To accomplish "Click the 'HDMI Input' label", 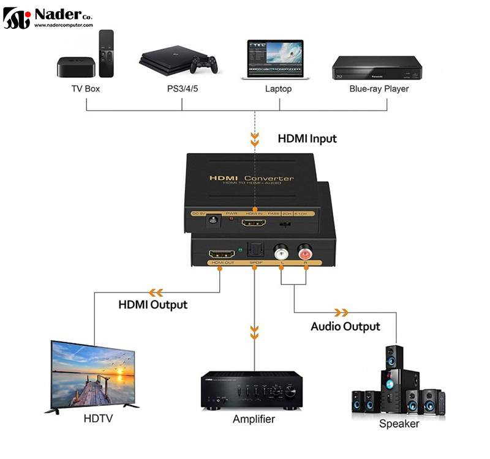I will [307, 139].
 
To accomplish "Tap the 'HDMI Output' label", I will [153, 304].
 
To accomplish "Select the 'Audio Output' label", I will [345, 326].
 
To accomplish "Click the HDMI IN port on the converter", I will [254, 225].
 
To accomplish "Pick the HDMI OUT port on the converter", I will [222, 253].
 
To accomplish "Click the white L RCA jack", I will [282, 252].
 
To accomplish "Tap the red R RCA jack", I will [304, 252].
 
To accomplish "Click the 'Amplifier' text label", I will [254, 419].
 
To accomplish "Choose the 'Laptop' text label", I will [278, 89].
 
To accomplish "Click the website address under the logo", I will [63, 26].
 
